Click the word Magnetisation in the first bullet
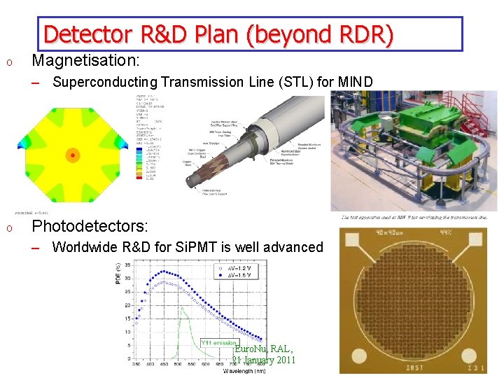point(85,60)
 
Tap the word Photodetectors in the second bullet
point(90,226)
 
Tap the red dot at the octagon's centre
point(72,155)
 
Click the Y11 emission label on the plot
point(219,342)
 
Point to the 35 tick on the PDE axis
point(127,265)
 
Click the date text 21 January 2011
point(263,360)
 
